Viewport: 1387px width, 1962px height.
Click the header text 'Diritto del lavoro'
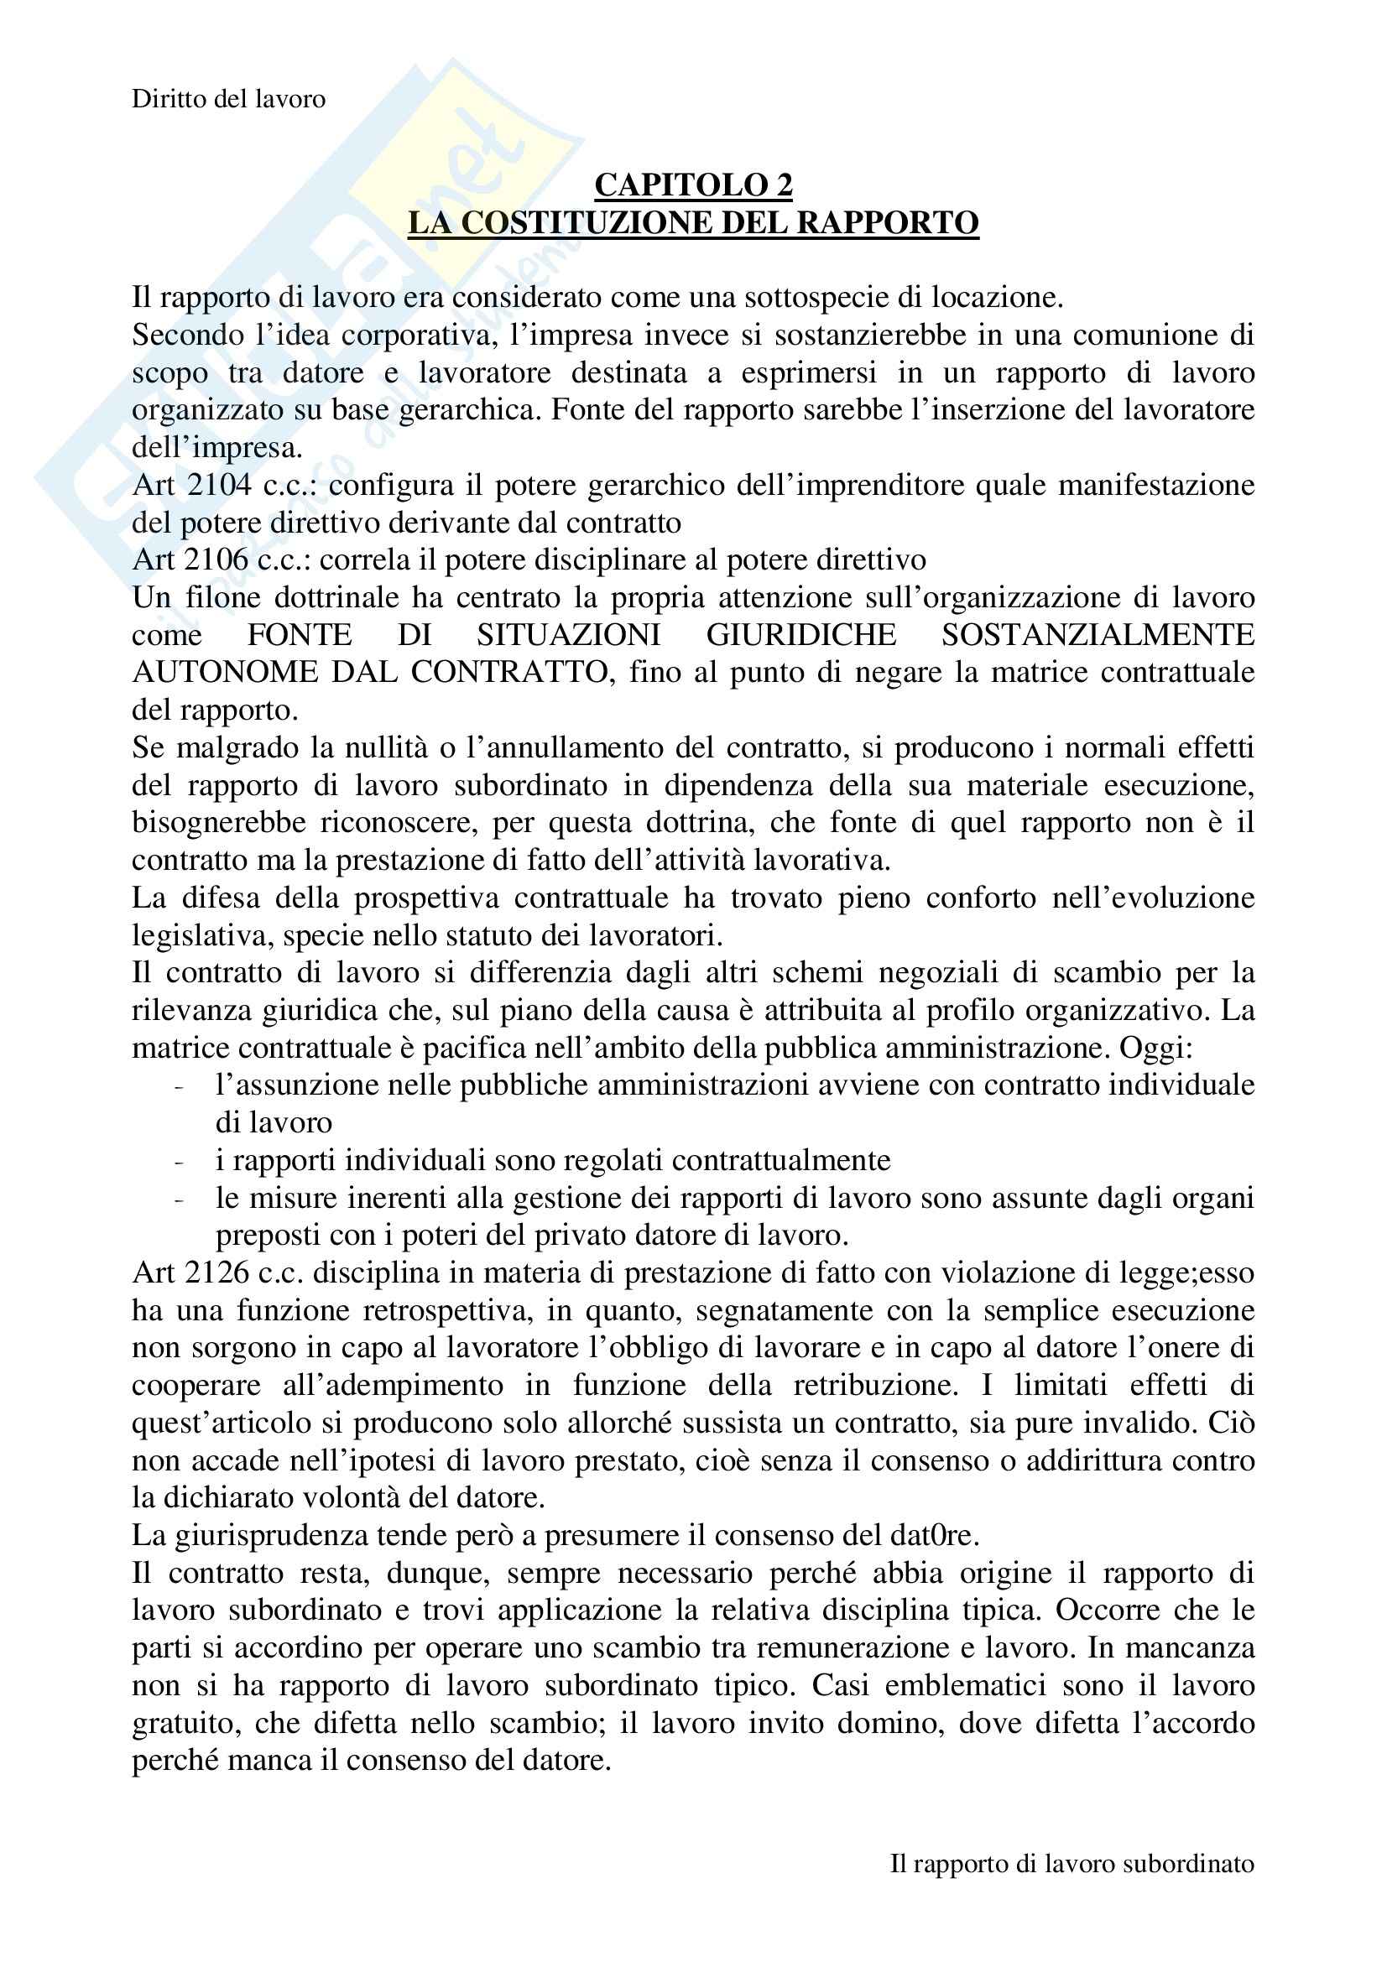pos(228,99)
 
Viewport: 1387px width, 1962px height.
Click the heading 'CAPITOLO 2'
pos(693,185)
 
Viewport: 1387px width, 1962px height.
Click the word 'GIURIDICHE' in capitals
pos(800,635)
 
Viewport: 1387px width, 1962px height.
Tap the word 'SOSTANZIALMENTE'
pos(1098,635)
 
